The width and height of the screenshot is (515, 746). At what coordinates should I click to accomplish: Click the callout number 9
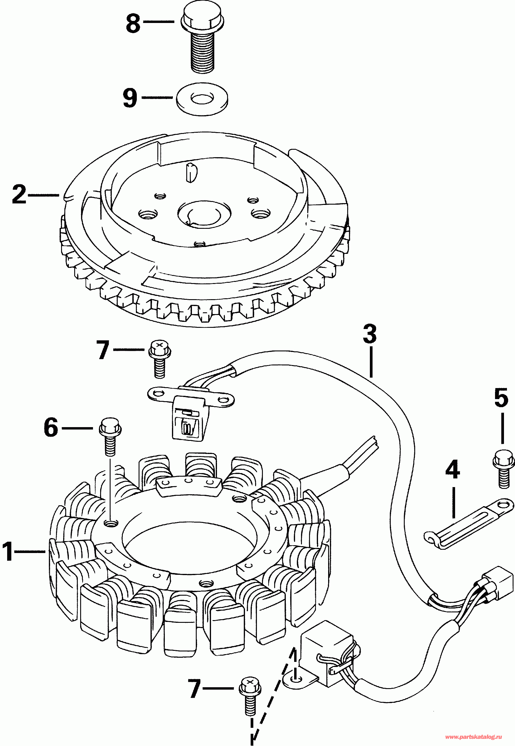pyautogui.click(x=130, y=98)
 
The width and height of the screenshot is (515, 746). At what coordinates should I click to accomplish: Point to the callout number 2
pyautogui.click(x=19, y=194)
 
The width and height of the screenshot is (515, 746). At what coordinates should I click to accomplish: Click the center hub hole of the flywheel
pyautogui.click(x=204, y=213)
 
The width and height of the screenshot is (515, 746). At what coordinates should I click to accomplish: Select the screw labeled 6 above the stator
pyautogui.click(x=110, y=437)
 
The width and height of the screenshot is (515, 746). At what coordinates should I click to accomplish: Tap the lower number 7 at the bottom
pyautogui.click(x=195, y=689)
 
